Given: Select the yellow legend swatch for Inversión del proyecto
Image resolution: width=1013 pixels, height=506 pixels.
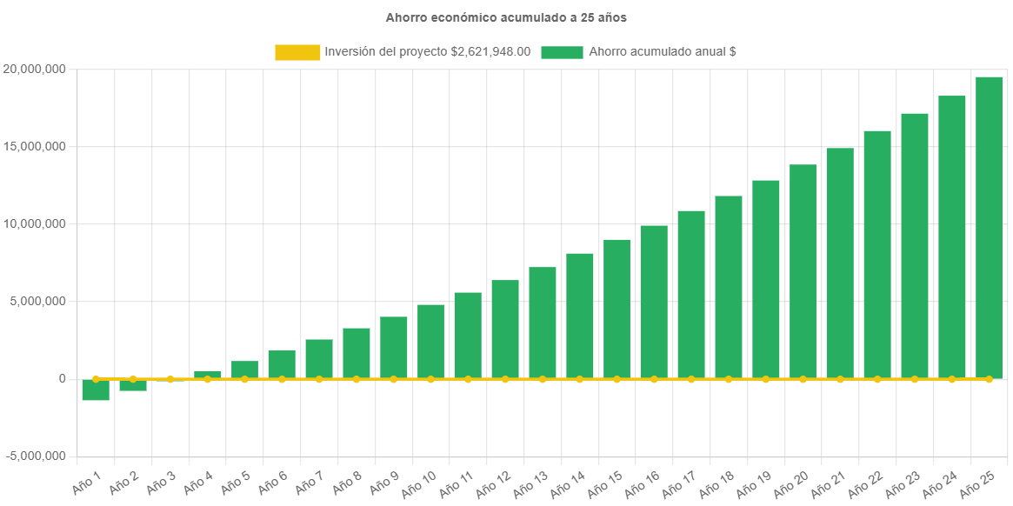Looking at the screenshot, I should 297,52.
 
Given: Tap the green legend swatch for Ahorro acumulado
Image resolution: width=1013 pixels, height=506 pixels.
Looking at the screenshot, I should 562,52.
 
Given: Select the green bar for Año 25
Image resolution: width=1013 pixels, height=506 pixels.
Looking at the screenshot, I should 989,226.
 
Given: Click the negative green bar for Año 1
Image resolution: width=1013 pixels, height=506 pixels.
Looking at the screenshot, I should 96,390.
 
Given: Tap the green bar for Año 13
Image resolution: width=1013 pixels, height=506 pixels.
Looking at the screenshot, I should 543,322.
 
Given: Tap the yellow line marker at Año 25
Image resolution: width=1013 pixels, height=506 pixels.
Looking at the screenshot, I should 989,379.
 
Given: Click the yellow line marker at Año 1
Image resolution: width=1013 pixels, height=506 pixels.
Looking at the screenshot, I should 96,379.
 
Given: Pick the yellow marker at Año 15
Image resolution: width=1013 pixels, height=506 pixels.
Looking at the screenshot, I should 616,379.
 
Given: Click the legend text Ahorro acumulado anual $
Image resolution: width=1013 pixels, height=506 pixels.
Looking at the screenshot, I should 663,52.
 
